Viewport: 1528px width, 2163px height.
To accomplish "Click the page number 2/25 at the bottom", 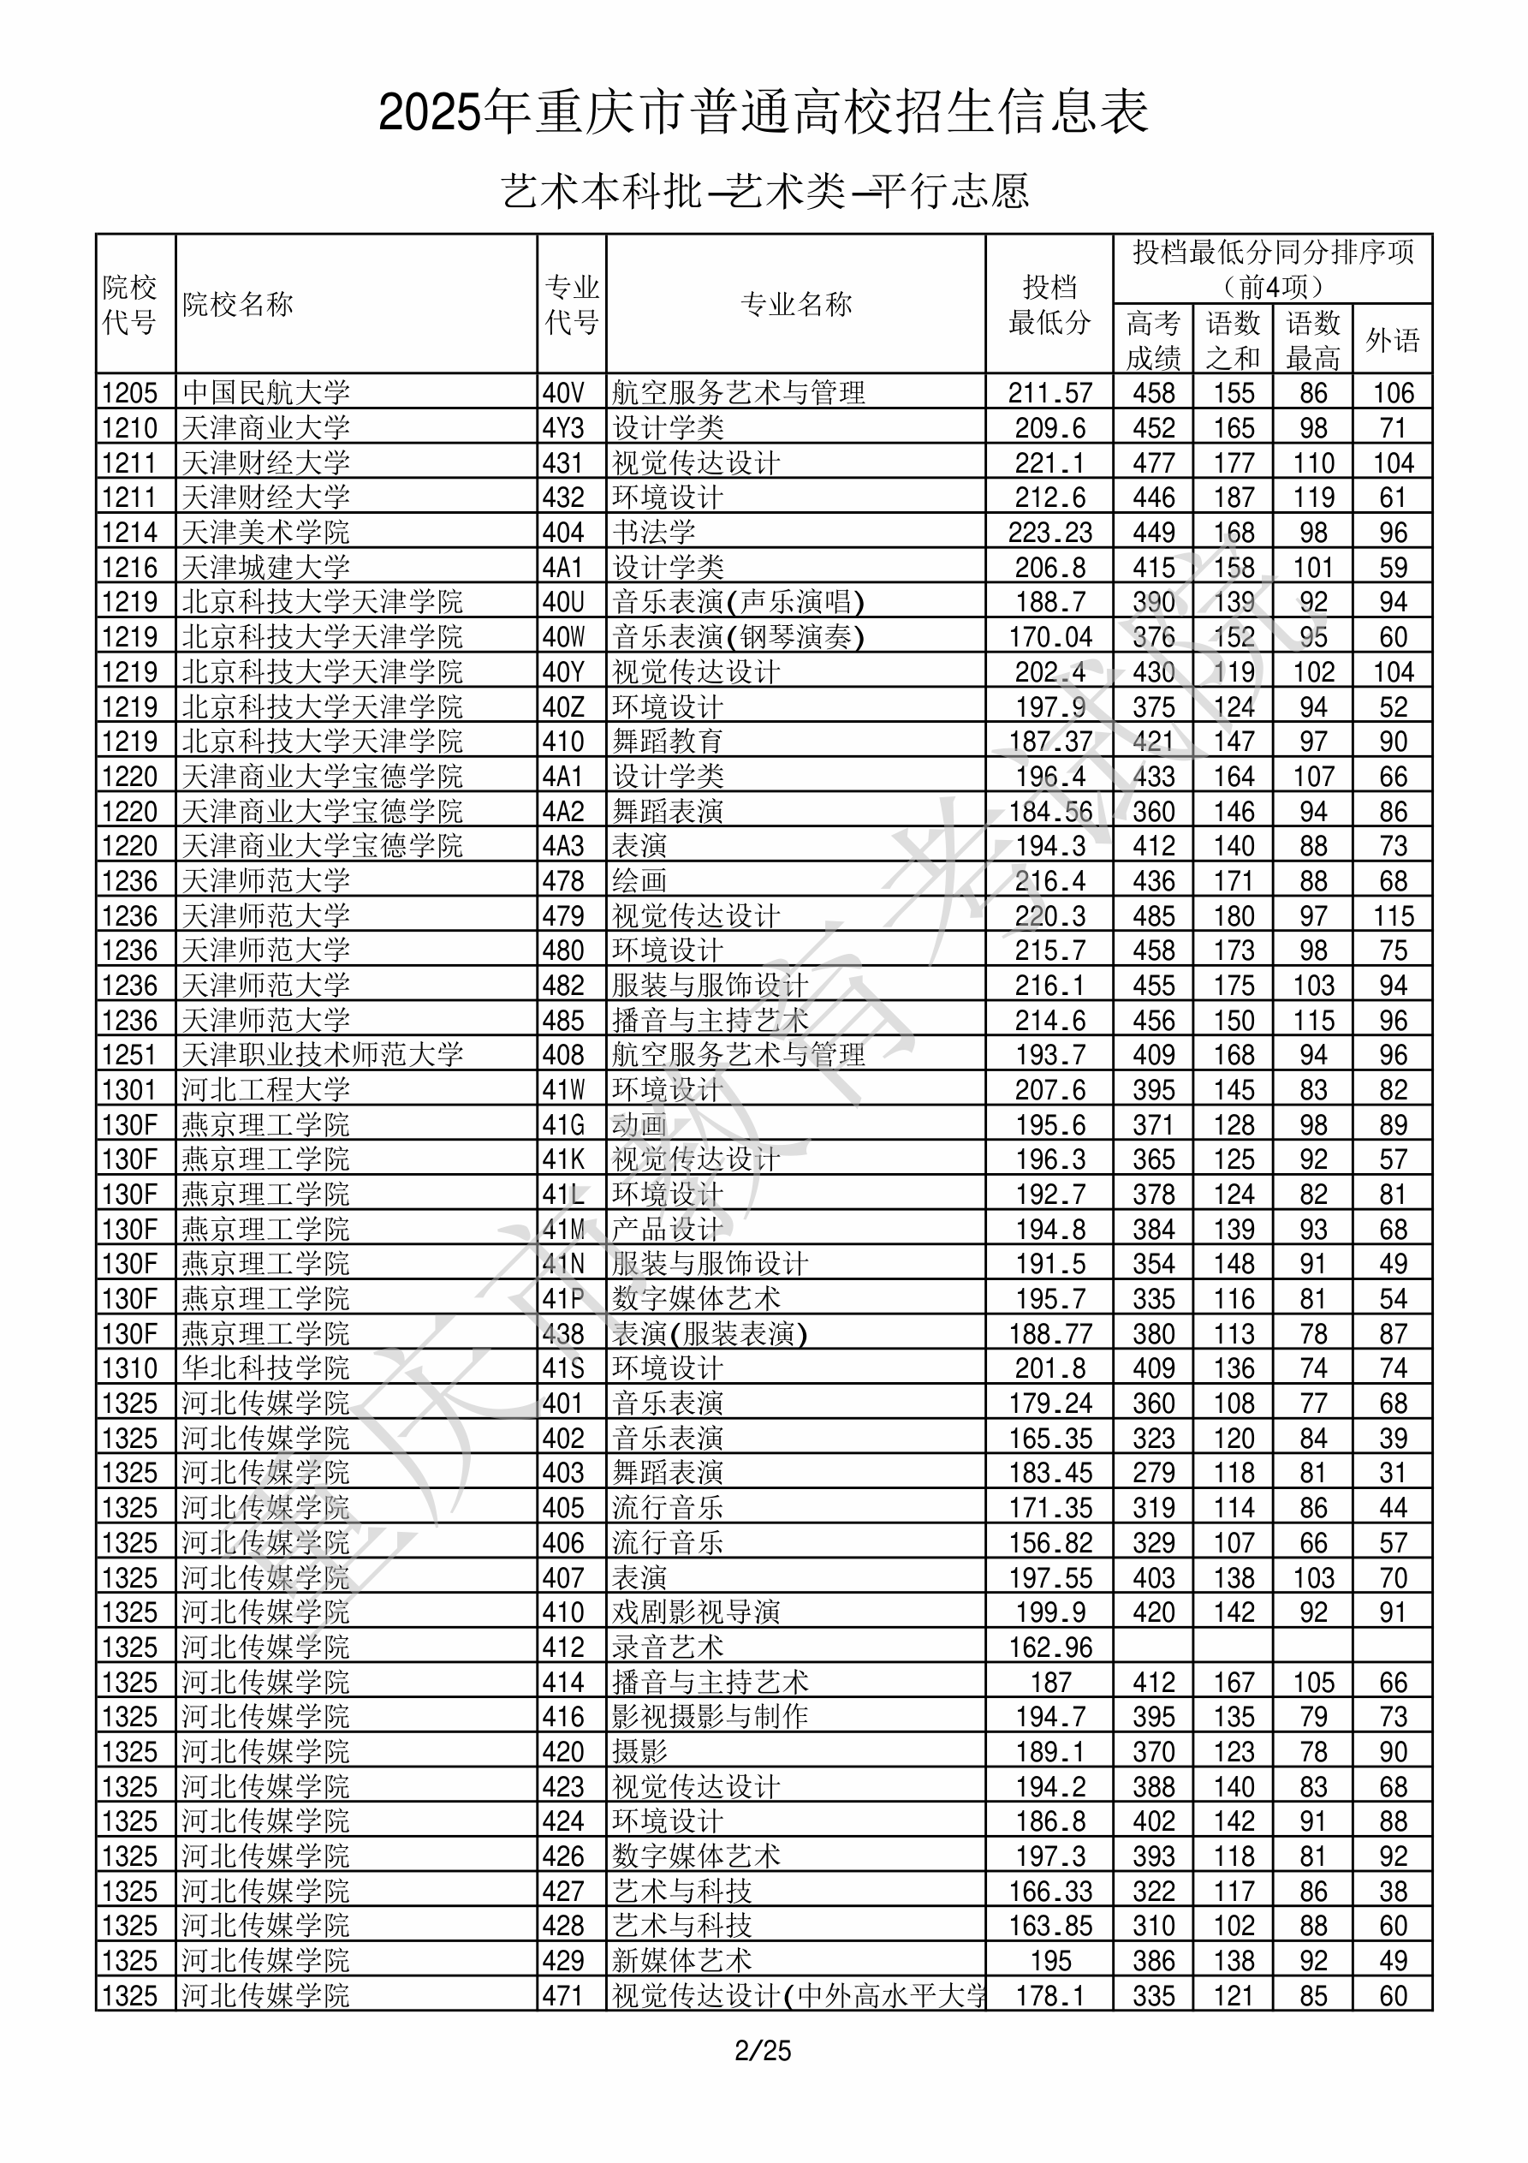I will click(x=763, y=2050).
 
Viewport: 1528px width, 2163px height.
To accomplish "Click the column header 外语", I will click(x=1393, y=339).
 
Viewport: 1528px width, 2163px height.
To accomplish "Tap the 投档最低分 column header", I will click(x=1049, y=304).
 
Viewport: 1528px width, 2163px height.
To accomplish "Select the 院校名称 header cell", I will click(x=238, y=304).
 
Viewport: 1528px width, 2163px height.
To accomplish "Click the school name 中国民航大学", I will click(x=265, y=393).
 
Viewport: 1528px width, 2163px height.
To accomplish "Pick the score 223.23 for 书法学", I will click(x=1049, y=533).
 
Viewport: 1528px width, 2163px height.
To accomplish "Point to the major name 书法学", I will click(x=654, y=533).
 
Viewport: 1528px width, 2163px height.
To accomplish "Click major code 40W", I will click(x=563, y=637).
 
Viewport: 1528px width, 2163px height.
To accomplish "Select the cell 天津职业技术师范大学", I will click(x=322, y=1055).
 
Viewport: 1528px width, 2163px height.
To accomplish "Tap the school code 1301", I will click(x=129, y=1090).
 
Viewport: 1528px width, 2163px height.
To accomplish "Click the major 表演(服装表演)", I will click(x=710, y=1334).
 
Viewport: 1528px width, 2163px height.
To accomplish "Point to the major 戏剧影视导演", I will click(x=696, y=1612).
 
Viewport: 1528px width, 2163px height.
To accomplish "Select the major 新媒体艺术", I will click(x=682, y=1960).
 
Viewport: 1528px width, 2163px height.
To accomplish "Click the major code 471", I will click(x=563, y=1995).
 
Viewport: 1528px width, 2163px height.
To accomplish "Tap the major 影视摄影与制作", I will click(x=710, y=1717).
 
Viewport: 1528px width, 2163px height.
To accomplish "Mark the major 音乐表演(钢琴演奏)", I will click(x=738, y=637).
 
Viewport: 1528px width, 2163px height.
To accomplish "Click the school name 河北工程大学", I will click(x=265, y=1090).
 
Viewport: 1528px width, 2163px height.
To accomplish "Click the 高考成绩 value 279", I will click(x=1153, y=1473).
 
